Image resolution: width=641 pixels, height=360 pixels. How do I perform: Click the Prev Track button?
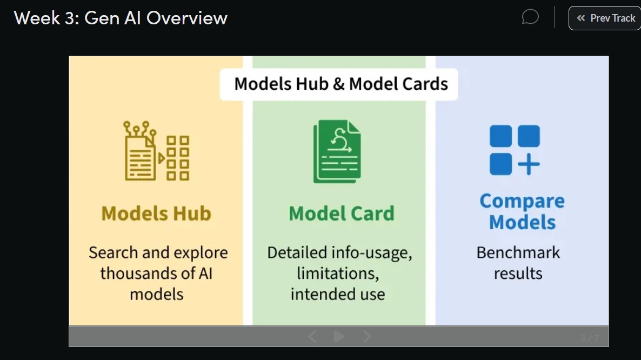(x=605, y=18)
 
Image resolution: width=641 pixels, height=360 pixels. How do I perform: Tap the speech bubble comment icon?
(x=530, y=17)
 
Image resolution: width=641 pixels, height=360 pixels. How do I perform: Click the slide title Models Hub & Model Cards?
(x=340, y=84)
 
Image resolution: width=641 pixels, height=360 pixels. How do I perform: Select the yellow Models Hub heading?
(x=156, y=214)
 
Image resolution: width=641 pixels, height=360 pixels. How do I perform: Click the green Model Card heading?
(x=342, y=214)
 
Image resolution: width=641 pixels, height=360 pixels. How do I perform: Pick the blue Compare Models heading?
(x=522, y=211)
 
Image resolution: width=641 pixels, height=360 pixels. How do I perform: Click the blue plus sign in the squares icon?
(x=529, y=164)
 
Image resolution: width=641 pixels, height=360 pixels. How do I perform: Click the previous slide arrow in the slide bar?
(x=312, y=337)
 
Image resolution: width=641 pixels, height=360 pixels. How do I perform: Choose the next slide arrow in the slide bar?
(x=367, y=337)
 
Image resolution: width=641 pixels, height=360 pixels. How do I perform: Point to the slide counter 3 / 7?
(x=590, y=338)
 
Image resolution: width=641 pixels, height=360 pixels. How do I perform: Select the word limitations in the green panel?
(x=337, y=274)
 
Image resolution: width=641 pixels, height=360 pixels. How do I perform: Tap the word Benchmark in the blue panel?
(x=518, y=253)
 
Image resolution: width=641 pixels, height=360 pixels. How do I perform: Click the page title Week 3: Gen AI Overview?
(x=121, y=18)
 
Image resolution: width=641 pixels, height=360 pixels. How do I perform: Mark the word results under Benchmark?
(x=518, y=274)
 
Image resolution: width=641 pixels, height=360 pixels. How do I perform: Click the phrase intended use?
(x=337, y=295)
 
